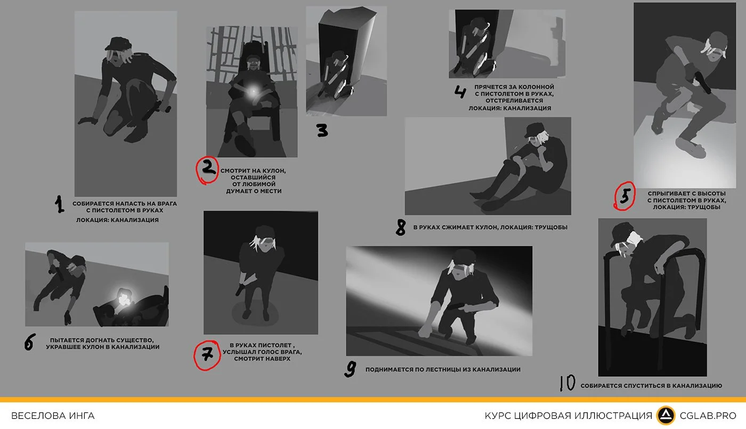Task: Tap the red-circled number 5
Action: pyautogui.click(x=625, y=196)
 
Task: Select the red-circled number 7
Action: pyautogui.click(x=207, y=355)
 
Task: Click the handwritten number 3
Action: pyautogui.click(x=322, y=130)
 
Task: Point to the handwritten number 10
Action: pyautogui.click(x=567, y=383)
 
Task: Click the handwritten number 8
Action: pyautogui.click(x=401, y=227)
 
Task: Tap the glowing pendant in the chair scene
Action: pyautogui.click(x=253, y=91)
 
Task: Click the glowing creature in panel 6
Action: pyautogui.click(x=125, y=298)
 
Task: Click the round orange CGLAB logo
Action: pyautogui.click(x=666, y=415)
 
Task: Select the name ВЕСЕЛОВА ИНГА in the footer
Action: pyautogui.click(x=53, y=416)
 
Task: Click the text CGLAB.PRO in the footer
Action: pyautogui.click(x=708, y=416)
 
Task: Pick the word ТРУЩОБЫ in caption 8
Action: pyautogui.click(x=550, y=227)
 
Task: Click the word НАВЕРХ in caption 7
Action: pyautogui.click(x=278, y=359)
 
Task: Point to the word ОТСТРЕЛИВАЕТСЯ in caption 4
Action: pyautogui.click(x=514, y=101)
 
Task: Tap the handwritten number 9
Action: pyautogui.click(x=350, y=369)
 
